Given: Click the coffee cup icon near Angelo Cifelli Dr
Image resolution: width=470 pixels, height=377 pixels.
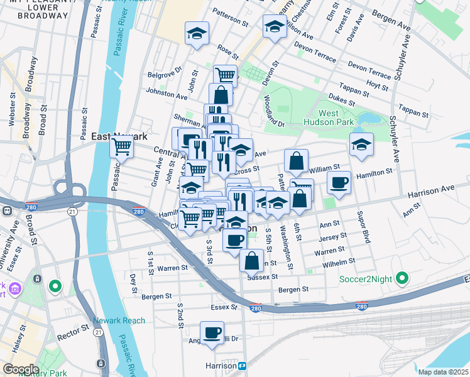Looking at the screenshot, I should click(x=212, y=332).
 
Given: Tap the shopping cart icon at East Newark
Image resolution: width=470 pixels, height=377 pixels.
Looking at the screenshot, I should click(x=121, y=148).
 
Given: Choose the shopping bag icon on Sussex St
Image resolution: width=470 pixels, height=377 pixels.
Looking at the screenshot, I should click(x=251, y=260).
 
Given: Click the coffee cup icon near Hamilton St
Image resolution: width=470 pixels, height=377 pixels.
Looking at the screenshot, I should click(x=339, y=183).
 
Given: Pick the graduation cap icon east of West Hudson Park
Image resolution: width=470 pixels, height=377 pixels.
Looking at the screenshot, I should click(x=361, y=144).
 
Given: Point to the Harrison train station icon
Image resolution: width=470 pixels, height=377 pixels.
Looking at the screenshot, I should click(x=242, y=366).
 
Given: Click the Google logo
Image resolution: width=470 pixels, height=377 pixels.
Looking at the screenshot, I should click(x=21, y=369).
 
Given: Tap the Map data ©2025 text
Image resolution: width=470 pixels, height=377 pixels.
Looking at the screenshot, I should click(x=443, y=372).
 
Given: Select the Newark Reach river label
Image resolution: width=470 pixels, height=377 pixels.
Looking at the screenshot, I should click(x=119, y=320).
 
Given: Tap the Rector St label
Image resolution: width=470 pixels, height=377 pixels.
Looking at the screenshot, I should click(x=76, y=331).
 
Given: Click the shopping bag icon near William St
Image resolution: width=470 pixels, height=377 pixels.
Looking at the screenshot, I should click(x=295, y=161).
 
